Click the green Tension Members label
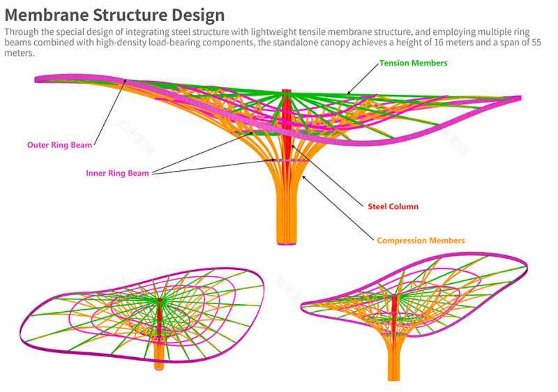tap(413, 63)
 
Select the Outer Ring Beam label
tap(59, 145)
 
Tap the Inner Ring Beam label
tap(117, 173)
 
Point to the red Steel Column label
tap(393, 206)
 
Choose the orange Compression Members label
tap(421, 241)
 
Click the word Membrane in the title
tap(46, 15)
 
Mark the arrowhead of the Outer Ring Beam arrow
tap(125, 81)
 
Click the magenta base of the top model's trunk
tap(287, 243)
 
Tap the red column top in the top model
tap(287, 91)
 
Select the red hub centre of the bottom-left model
tap(160, 300)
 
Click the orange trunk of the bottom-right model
tap(394, 359)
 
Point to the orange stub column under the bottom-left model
tap(159, 356)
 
